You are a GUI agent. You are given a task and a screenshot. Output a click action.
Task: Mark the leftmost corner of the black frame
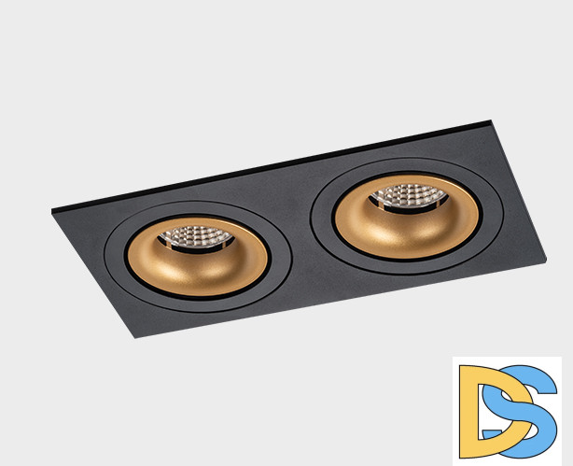point(52,211)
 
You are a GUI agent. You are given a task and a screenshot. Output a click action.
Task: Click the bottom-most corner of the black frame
point(137,337)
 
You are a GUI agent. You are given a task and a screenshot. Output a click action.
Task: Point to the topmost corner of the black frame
point(488,120)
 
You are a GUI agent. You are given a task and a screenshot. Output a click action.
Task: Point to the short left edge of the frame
point(93,273)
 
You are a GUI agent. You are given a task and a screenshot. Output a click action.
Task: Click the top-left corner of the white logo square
point(454,357)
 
